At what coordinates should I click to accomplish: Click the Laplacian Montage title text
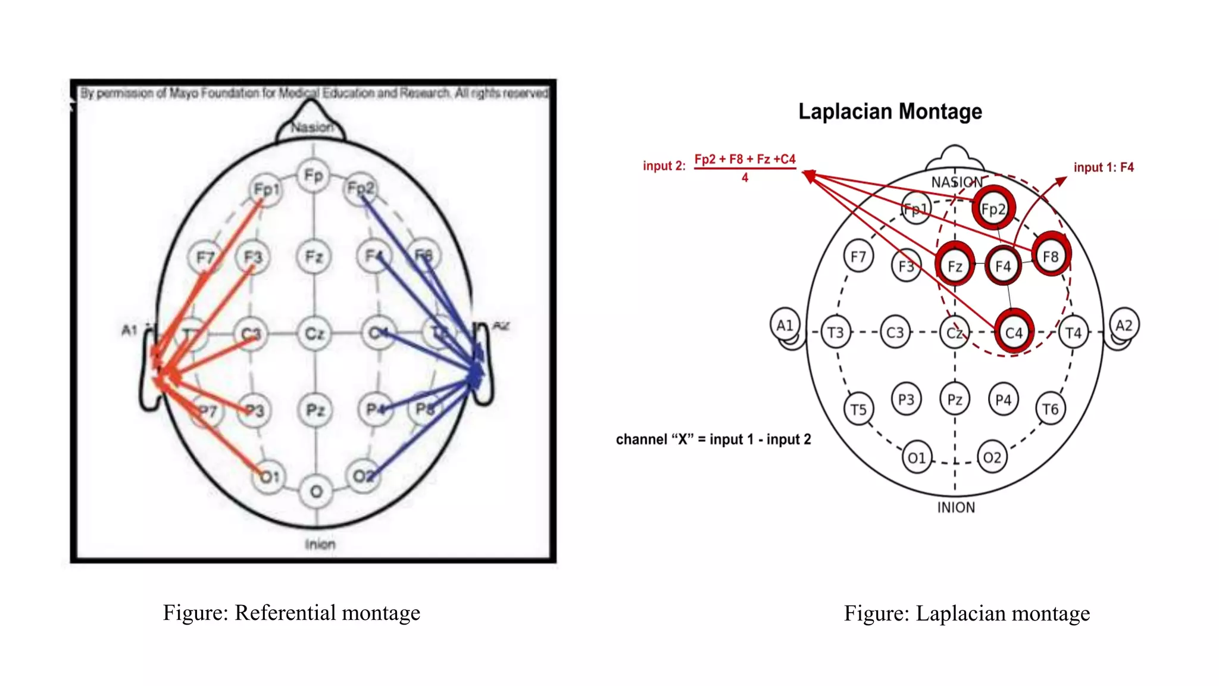point(890,111)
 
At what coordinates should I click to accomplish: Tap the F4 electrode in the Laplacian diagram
point(1003,266)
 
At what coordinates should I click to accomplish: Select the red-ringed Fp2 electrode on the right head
point(993,209)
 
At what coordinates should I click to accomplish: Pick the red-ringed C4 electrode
point(1013,332)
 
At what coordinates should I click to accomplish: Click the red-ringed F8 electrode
point(1051,256)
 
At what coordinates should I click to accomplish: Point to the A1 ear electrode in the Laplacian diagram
point(784,325)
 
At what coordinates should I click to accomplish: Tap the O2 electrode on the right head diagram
point(992,457)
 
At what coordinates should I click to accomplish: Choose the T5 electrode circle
point(858,410)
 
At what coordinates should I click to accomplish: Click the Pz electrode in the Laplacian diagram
point(955,400)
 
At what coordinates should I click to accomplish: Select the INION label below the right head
point(956,507)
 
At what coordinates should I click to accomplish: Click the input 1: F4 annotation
point(1103,167)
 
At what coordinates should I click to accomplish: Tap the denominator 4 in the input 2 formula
point(745,177)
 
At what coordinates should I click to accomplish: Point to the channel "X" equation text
point(713,439)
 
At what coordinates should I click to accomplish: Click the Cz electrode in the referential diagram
point(314,333)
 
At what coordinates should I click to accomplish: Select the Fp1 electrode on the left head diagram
point(266,189)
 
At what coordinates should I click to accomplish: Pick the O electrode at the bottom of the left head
point(316,491)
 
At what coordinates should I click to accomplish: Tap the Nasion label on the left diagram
point(312,127)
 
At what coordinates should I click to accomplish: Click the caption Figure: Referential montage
point(292,613)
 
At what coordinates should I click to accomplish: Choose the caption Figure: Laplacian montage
point(967,613)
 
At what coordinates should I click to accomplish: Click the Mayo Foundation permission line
point(314,93)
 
